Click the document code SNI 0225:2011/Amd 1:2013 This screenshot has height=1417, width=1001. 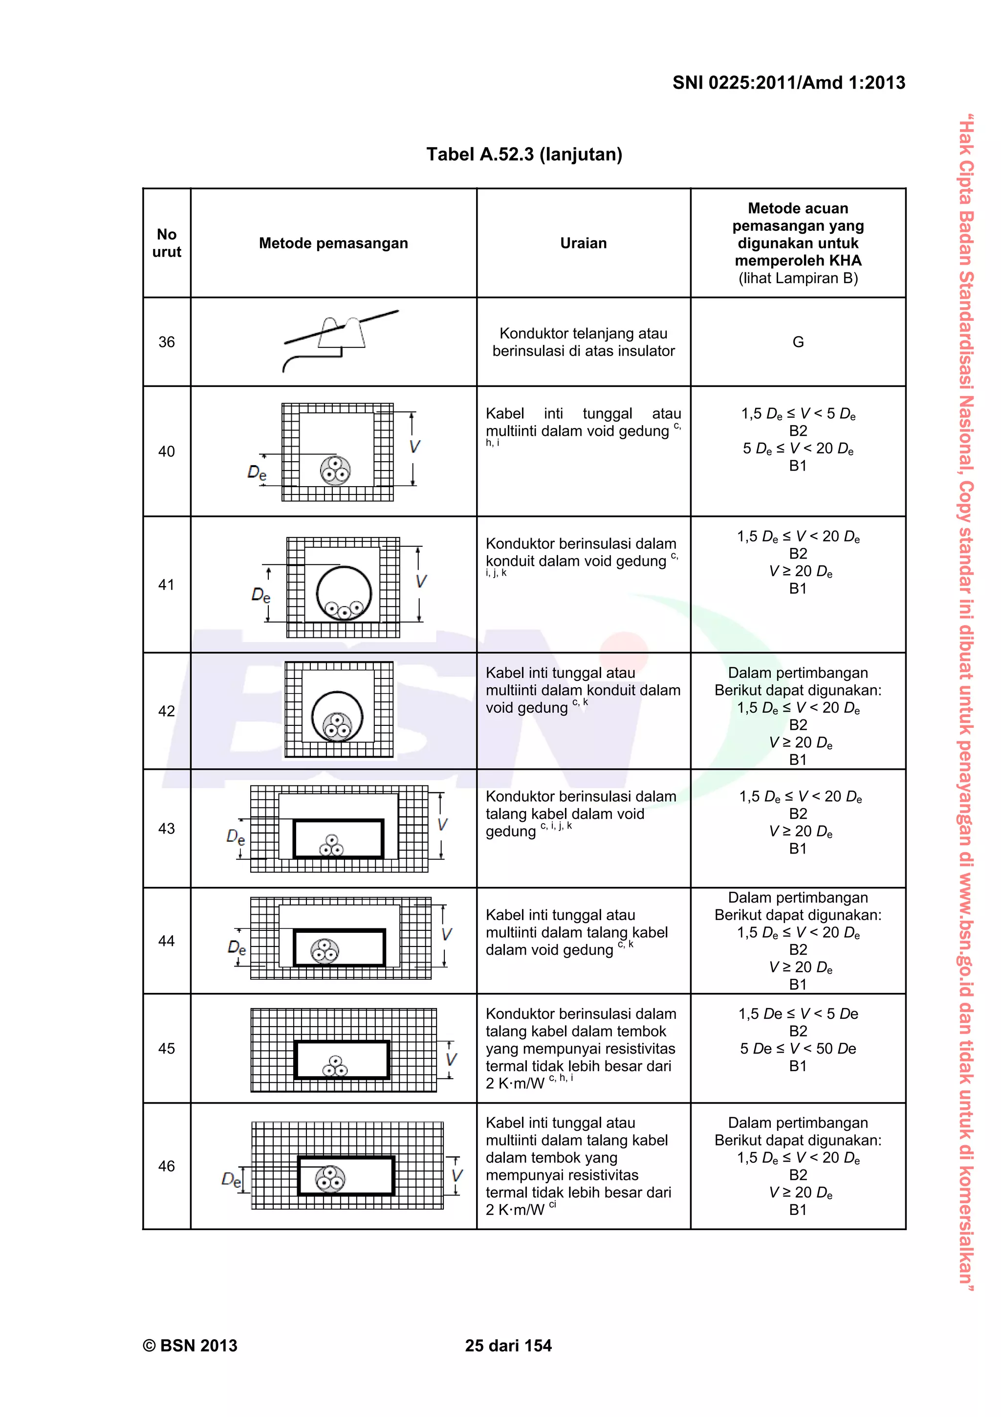point(788,83)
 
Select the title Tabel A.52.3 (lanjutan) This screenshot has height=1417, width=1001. point(524,154)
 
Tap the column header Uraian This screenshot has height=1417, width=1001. point(583,243)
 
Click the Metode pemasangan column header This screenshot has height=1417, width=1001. point(333,243)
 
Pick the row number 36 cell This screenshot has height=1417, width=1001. point(167,342)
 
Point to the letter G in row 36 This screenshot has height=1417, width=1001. point(798,342)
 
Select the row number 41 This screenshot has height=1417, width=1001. point(167,585)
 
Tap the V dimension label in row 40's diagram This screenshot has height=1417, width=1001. point(414,447)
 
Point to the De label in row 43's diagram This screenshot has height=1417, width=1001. point(236,837)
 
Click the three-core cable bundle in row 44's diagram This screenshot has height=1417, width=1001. point(325,951)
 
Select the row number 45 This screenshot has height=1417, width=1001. point(167,1049)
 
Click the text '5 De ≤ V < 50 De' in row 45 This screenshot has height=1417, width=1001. point(798,1049)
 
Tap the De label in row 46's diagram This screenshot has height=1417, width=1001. point(231,1180)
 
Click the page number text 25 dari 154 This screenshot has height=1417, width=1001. point(508,1346)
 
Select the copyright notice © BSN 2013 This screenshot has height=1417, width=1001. point(190,1346)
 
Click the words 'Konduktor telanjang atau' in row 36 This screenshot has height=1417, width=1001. point(583,333)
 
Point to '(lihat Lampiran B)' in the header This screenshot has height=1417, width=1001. point(798,278)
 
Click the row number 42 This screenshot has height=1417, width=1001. point(167,711)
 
